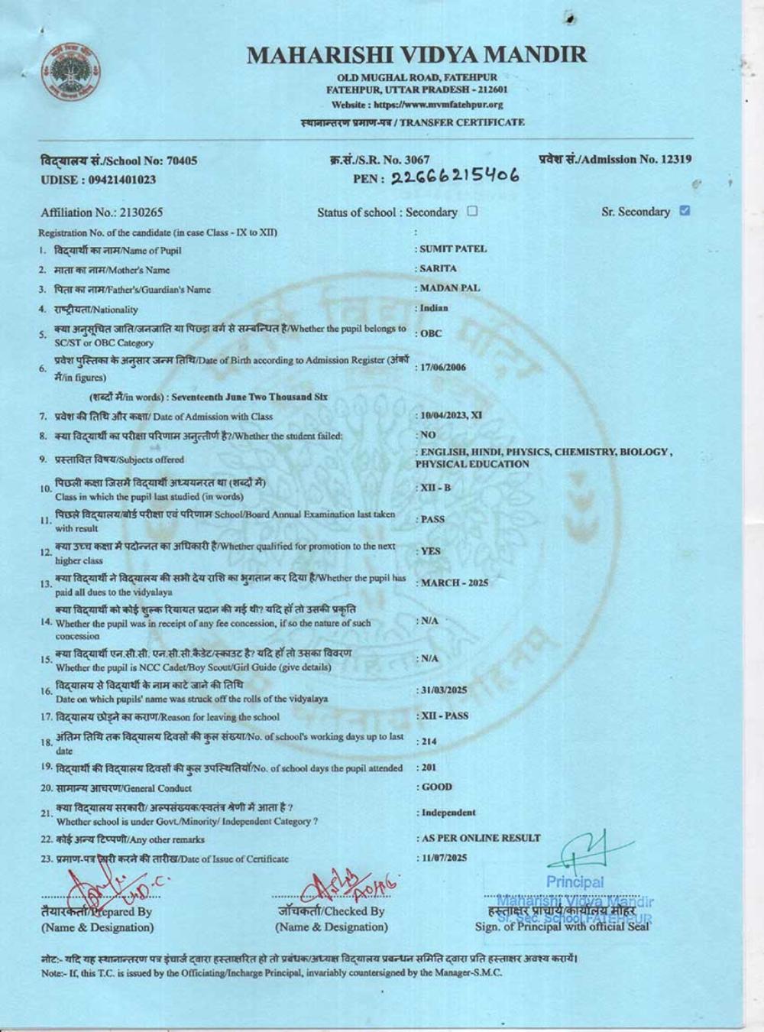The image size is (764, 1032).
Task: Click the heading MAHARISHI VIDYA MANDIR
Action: click(416, 55)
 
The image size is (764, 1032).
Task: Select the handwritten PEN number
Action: click(455, 177)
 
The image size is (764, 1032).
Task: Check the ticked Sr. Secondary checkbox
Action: click(685, 211)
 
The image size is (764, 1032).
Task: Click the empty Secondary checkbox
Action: click(472, 211)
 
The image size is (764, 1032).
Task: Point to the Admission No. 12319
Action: click(616, 159)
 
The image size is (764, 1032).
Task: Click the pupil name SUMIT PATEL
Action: click(453, 249)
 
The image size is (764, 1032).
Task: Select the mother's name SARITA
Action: click(438, 269)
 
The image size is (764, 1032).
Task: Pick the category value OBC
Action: click(431, 334)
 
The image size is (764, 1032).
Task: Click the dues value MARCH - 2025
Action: click(454, 583)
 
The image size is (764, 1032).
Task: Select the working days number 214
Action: click(427, 742)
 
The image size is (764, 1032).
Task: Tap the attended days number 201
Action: click(427, 768)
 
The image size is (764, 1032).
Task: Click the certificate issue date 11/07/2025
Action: click(443, 858)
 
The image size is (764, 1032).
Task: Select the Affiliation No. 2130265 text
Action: click(102, 213)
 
